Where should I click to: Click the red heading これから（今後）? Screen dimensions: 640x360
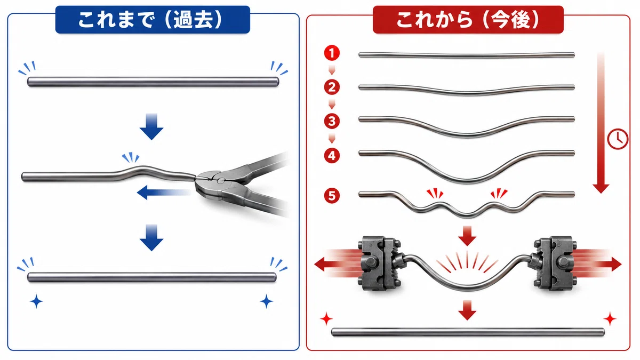(468, 20)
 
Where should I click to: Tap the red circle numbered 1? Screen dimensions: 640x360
(332, 53)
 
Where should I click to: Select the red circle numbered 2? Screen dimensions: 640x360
(332, 87)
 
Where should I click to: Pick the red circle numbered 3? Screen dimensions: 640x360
(332, 121)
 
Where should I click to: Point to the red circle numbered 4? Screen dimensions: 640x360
(332, 156)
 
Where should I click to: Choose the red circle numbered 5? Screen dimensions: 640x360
(332, 196)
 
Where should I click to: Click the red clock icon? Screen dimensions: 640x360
(618, 139)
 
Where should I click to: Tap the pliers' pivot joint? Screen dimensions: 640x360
(221, 180)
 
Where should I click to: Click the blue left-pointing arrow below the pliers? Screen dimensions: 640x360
(164, 193)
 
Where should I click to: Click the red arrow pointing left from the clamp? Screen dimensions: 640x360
(337, 263)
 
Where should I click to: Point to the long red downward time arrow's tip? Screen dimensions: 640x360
(601, 194)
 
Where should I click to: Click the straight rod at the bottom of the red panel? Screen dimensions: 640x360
(468, 332)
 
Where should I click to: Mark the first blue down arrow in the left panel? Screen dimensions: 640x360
(151, 126)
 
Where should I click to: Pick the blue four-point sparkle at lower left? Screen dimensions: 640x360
(37, 301)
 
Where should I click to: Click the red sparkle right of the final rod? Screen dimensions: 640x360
(610, 319)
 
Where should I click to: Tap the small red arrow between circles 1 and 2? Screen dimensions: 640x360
(332, 70)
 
